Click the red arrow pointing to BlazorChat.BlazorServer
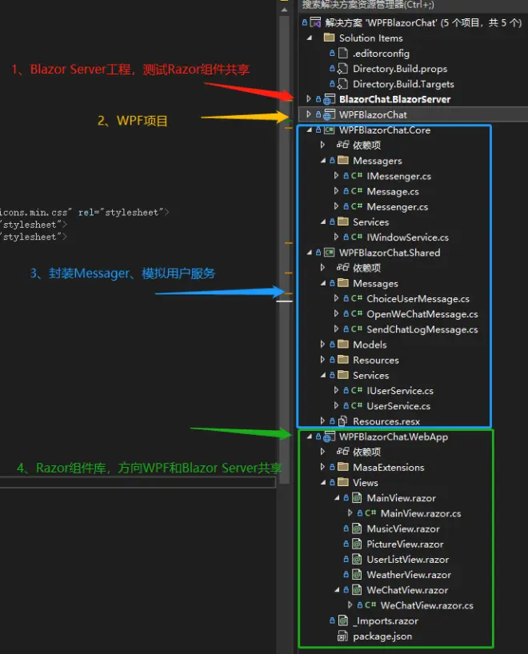[249, 92]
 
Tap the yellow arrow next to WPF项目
[245, 118]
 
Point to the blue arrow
[220, 292]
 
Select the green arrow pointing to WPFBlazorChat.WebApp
[242, 433]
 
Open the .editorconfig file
[381, 54]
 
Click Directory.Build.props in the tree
[400, 69]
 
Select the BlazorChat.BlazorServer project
[395, 99]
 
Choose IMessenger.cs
[398, 176]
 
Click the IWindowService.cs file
[407, 237]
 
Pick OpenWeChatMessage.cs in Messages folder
[422, 314]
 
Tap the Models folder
[370, 345]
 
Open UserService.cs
[398, 406]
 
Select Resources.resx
[386, 421]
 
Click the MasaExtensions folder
[388, 467]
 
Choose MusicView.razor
[402, 528]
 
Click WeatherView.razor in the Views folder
[409, 575]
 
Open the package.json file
[382, 636]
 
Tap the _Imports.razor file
[386, 621]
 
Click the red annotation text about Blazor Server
[130, 70]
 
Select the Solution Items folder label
[370, 38]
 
